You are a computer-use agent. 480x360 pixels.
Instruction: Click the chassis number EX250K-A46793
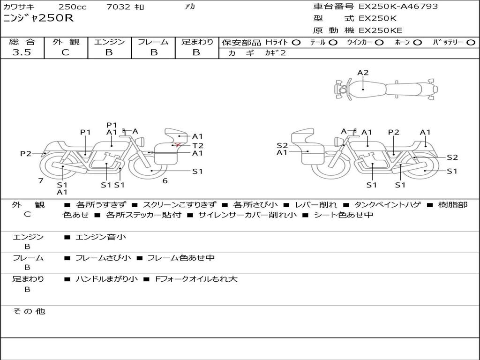click(398, 7)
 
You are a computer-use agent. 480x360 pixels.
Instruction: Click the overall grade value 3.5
click(22, 52)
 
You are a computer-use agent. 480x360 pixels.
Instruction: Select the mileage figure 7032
click(118, 7)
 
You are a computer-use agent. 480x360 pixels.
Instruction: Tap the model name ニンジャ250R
click(38, 18)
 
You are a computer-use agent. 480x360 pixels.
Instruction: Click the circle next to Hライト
click(296, 43)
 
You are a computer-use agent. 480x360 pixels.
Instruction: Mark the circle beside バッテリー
click(471, 43)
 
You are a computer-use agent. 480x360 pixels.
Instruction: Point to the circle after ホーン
click(417, 43)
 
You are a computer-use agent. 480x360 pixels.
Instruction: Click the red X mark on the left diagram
click(178, 144)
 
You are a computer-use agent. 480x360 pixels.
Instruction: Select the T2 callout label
click(198, 146)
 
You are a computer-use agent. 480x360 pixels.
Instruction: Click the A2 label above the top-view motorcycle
click(363, 73)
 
